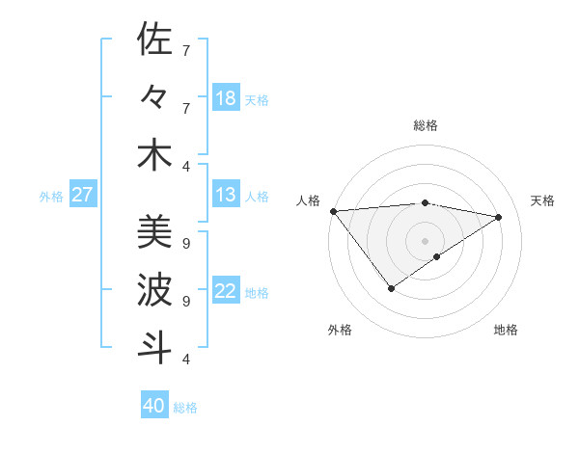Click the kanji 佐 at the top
tap(154, 40)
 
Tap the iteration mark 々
tap(154, 97)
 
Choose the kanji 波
tap(154, 290)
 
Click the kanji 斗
tap(154, 348)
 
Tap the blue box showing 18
tap(226, 98)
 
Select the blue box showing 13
tap(226, 196)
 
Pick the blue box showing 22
tap(226, 292)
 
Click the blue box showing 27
tap(83, 196)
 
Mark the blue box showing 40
tap(154, 407)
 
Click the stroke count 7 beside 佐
tap(186, 50)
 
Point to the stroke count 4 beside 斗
tap(186, 360)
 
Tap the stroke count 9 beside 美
tap(186, 243)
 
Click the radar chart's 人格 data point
tap(333, 211)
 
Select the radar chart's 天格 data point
tap(499, 217)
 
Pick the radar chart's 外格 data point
tap(391, 288)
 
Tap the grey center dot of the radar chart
tap(425, 240)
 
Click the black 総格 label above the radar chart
tap(426, 125)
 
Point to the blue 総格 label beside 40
tap(185, 408)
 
